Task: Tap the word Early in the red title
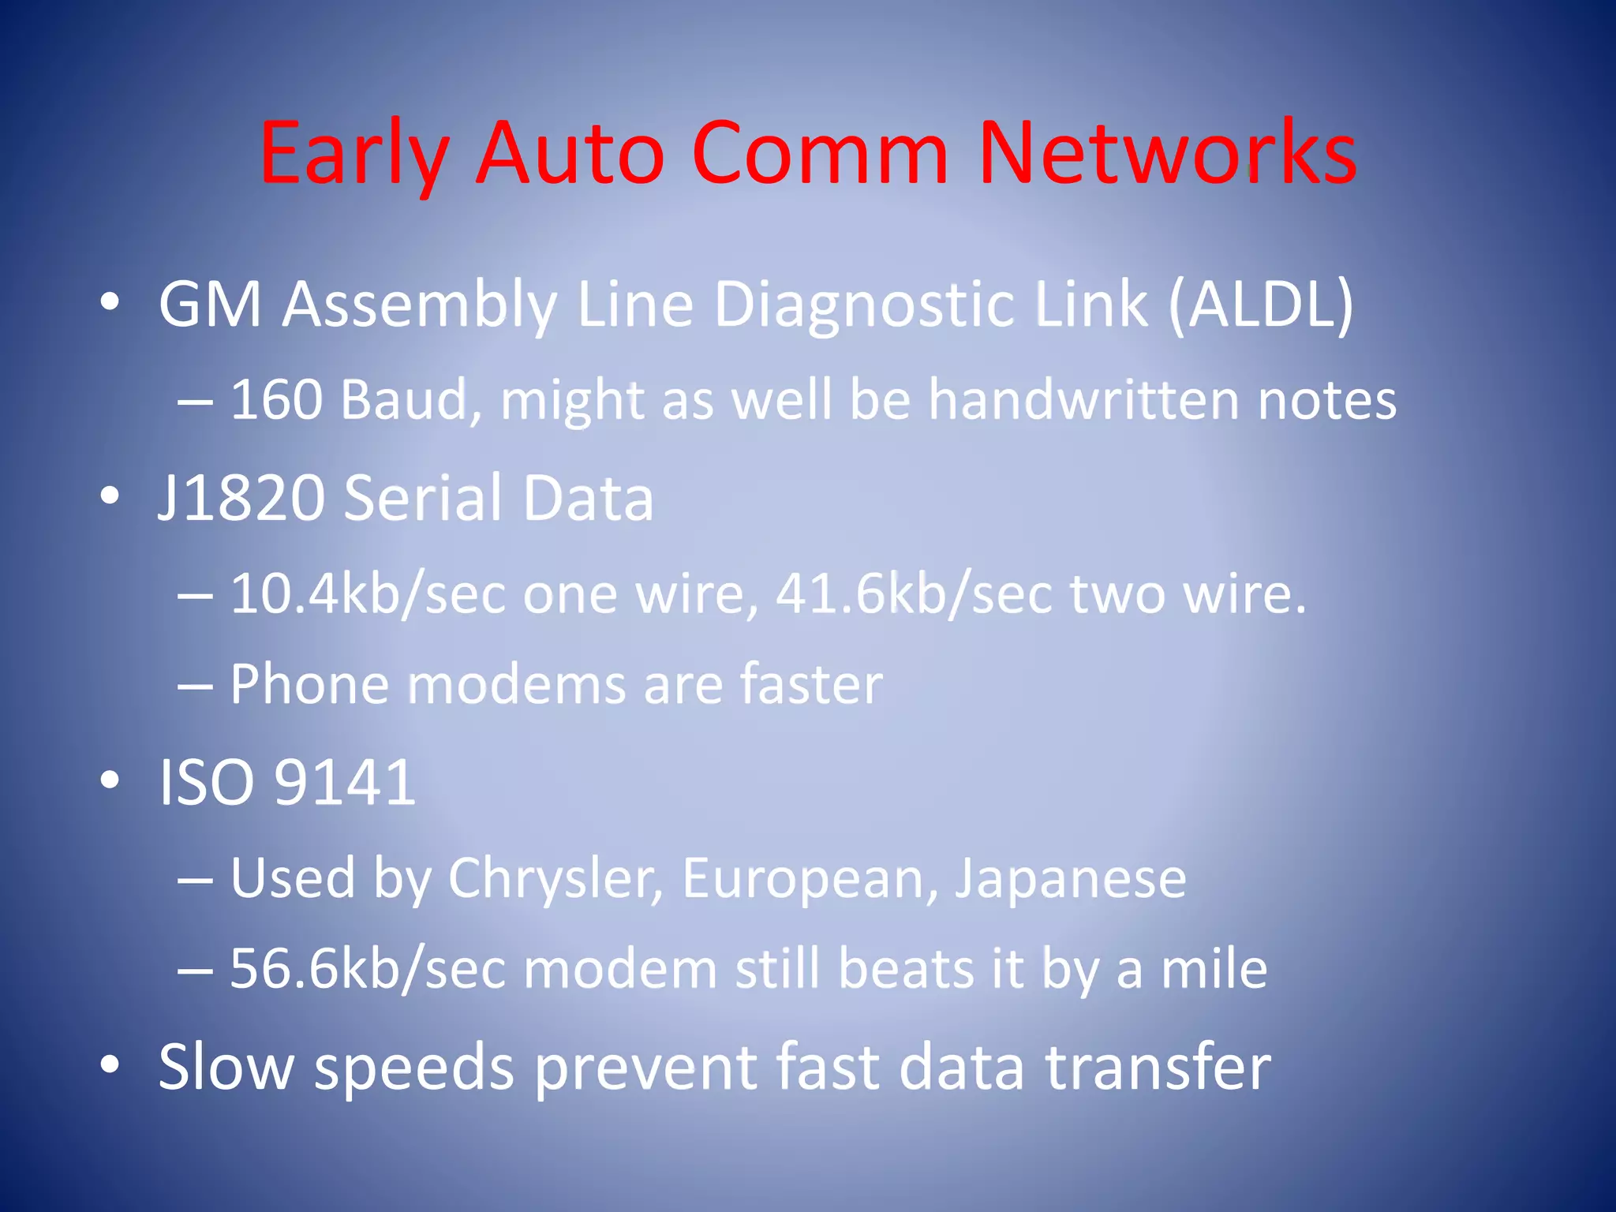(354, 153)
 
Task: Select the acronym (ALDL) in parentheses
(1260, 305)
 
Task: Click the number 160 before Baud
(276, 399)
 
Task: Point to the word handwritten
(1083, 399)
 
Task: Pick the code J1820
(241, 498)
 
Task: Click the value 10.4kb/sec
(368, 593)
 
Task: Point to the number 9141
(344, 783)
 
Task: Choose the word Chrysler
(555, 878)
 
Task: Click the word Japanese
(1071, 878)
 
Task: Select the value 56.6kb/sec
(368, 969)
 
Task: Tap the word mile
(1214, 969)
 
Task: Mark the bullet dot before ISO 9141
(110, 780)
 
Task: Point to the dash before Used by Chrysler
(195, 879)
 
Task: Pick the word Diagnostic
(864, 305)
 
